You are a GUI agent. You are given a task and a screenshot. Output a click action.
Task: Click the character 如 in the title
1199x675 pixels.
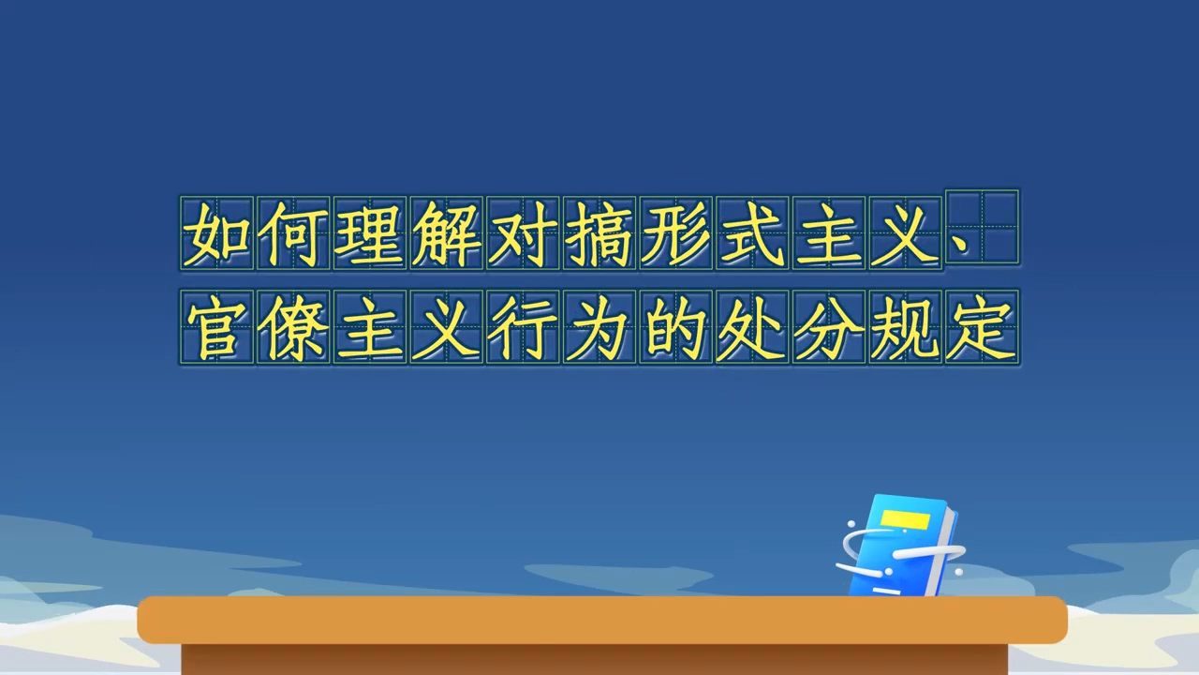coord(216,234)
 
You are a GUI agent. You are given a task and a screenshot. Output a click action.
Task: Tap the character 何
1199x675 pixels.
coord(293,234)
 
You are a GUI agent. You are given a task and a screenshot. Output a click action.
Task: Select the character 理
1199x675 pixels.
coord(369,234)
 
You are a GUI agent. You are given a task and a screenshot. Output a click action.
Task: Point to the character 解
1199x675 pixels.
coord(446,234)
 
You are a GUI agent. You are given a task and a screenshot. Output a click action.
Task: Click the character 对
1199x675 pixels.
coord(523,234)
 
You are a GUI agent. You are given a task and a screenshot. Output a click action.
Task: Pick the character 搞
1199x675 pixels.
coord(599,234)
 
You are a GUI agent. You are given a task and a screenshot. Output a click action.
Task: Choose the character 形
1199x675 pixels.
coord(675,234)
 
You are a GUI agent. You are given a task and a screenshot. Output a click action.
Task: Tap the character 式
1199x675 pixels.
coord(752,234)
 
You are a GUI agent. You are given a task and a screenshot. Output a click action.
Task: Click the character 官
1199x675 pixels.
coord(216,328)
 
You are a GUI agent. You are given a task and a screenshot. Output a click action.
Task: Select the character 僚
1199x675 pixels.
coord(293,328)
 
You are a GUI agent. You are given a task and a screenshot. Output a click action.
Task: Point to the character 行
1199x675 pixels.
coord(523,328)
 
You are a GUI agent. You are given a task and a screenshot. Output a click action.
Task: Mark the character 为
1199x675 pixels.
coord(599,328)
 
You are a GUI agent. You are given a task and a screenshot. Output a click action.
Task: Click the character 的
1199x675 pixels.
coord(675,328)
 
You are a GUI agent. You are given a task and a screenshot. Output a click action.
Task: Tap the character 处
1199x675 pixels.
coord(752,328)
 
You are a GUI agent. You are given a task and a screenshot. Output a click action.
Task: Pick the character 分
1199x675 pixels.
coord(829,328)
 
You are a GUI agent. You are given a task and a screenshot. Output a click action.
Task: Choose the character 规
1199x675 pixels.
coord(905,328)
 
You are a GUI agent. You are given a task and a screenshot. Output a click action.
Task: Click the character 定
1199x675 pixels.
coord(982,328)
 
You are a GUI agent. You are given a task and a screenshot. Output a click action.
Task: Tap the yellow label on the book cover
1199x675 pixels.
coord(905,519)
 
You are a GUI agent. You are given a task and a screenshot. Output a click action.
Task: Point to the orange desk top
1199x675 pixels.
coord(602,620)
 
